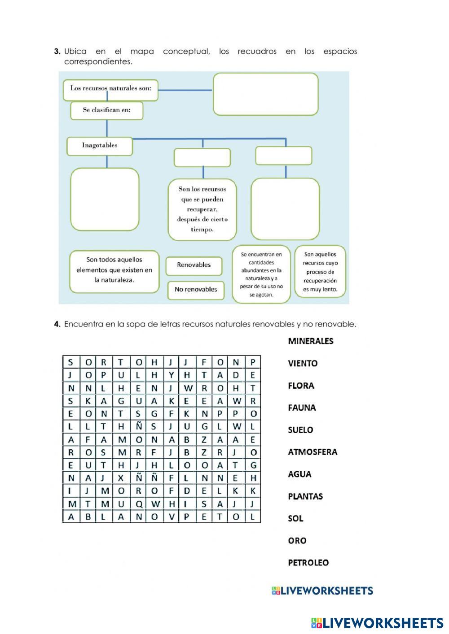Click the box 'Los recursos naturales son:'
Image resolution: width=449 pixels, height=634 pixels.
point(110,89)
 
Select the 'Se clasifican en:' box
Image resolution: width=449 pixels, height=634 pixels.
point(106,110)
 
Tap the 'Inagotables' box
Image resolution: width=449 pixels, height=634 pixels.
point(100,146)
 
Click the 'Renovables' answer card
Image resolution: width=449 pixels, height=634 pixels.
point(194,265)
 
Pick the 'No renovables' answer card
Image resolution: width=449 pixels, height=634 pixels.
point(196,290)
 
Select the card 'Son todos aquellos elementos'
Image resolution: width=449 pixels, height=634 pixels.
point(114,270)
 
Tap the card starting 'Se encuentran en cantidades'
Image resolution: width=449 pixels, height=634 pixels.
point(261,274)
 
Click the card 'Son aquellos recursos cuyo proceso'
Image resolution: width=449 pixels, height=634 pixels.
point(320,272)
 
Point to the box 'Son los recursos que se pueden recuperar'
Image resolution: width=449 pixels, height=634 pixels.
point(202,209)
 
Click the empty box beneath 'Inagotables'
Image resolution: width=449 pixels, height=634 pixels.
point(105,199)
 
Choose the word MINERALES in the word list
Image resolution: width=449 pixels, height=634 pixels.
point(311,341)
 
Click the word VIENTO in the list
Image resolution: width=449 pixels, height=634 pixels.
point(303,364)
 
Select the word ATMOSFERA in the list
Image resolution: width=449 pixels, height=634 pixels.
point(313,452)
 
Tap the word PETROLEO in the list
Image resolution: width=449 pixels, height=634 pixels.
point(308,563)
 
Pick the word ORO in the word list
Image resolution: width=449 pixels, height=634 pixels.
point(297,541)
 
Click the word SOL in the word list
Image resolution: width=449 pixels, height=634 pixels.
point(296,518)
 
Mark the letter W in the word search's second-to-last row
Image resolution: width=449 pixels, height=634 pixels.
point(155,504)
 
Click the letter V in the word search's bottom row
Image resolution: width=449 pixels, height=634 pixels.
point(171,517)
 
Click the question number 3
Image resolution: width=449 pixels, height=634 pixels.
point(57,52)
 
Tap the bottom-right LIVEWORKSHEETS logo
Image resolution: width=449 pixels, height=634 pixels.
point(377,623)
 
